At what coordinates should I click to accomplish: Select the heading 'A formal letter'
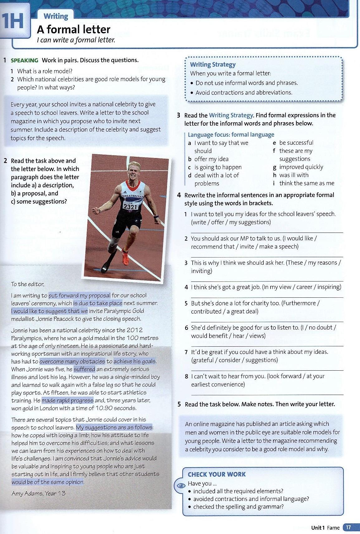click(x=74, y=29)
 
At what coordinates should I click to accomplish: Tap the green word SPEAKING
click(x=24, y=60)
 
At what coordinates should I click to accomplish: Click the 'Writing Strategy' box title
click(x=213, y=65)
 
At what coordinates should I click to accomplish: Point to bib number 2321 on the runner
click(x=130, y=207)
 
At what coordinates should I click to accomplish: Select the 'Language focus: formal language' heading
click(x=231, y=135)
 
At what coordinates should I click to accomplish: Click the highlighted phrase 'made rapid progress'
click(x=68, y=400)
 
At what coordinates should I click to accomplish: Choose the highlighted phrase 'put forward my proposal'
click(x=79, y=295)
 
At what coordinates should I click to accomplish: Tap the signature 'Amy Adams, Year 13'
click(x=39, y=493)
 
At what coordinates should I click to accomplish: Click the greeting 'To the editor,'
click(x=28, y=284)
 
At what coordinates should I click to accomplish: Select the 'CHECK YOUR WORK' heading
click(x=217, y=474)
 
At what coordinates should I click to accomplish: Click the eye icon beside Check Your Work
click(x=181, y=486)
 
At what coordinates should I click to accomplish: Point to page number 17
click(x=348, y=527)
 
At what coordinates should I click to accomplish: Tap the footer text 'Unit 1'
click(x=318, y=527)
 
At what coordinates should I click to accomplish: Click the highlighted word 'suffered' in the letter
click(x=84, y=369)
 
